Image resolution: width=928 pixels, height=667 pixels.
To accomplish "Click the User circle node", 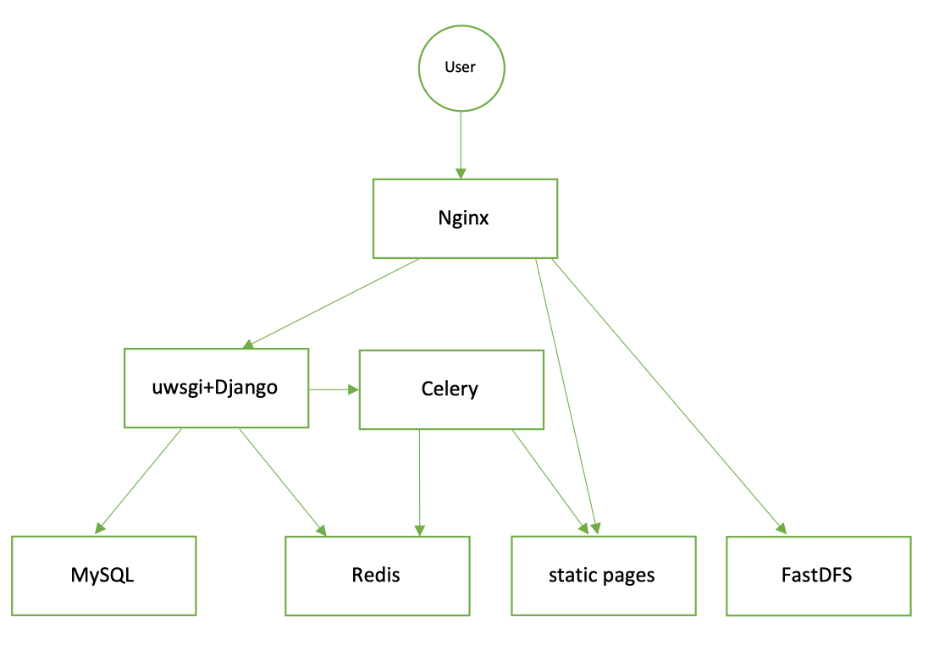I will [x=461, y=68].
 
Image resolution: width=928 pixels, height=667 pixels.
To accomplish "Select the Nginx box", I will [x=465, y=218].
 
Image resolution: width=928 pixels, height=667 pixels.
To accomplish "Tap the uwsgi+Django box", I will [x=216, y=388].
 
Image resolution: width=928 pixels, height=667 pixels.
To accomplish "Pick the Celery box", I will [x=451, y=389].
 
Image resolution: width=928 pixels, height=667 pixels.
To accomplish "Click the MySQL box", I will [x=103, y=576].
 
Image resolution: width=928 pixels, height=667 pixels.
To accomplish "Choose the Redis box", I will [x=377, y=576].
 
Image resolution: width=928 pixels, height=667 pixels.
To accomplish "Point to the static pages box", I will [x=603, y=576].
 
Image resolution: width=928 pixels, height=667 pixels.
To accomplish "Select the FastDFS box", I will [x=818, y=576].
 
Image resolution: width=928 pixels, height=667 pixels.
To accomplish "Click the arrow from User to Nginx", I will [x=461, y=144].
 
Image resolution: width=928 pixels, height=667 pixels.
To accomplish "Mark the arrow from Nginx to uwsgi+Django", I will [x=332, y=303].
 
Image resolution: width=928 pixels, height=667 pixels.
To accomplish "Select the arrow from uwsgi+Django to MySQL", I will [x=140, y=480].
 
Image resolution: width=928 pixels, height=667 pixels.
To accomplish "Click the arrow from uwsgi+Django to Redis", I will [x=282, y=481].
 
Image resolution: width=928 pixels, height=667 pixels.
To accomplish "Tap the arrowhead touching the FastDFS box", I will [x=780, y=528].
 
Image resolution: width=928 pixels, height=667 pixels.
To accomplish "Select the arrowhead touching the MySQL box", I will [x=99, y=527].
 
